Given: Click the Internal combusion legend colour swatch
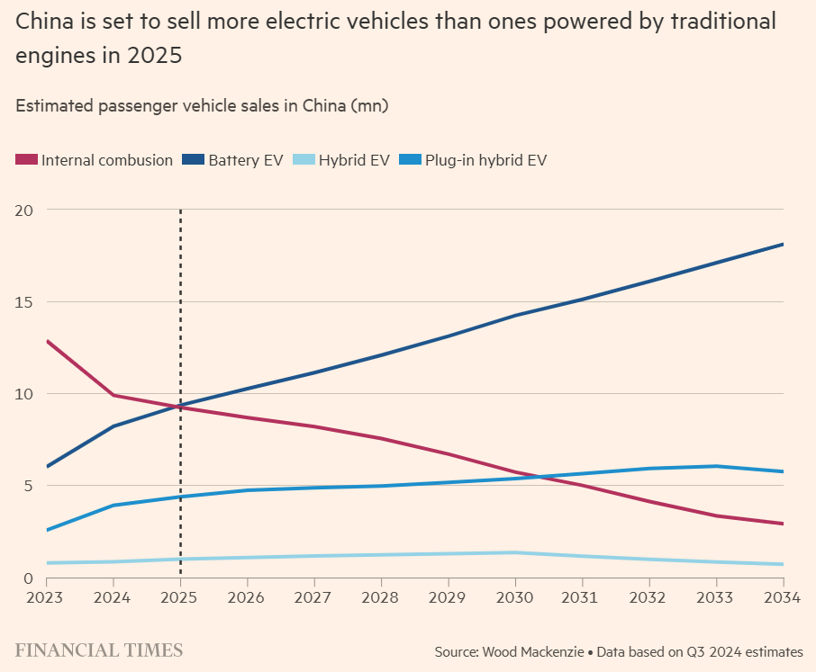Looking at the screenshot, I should tap(26, 160).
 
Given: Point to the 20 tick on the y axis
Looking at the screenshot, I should tap(24, 210).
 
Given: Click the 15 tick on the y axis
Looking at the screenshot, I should tap(24, 301).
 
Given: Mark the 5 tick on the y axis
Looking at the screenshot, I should tap(28, 486).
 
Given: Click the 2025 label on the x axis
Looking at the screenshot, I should tap(180, 597).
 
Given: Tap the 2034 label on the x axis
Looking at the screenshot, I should tap(782, 597).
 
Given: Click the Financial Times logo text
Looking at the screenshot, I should tap(99, 650).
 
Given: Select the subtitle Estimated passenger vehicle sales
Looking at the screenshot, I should tap(202, 105).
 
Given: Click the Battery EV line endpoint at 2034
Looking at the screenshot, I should tap(783, 244).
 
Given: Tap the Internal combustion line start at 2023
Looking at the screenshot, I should tap(47, 341).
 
